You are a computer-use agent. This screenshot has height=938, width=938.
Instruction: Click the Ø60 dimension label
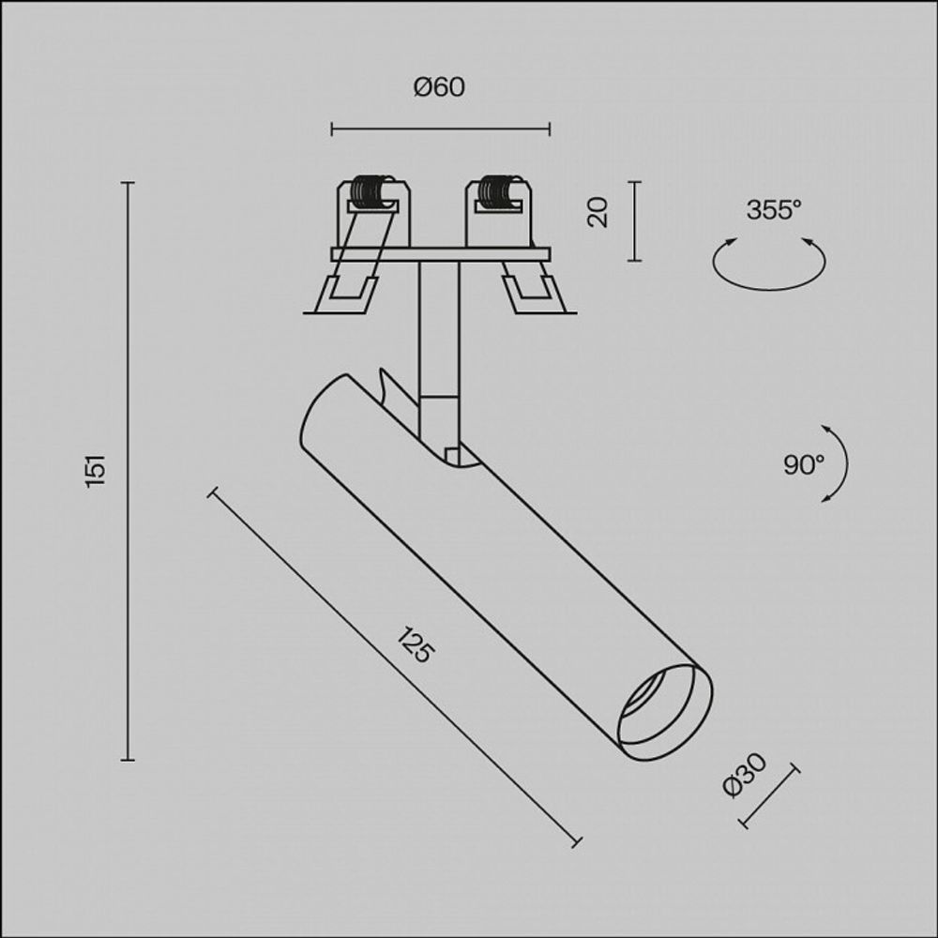[439, 87]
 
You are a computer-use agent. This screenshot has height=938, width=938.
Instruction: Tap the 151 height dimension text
[96, 470]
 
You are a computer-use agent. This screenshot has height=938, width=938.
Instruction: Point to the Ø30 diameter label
[746, 775]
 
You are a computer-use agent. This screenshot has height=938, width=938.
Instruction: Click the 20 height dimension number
[598, 212]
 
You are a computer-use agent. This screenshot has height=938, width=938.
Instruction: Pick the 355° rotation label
[774, 210]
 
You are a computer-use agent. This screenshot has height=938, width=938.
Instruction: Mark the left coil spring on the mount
[372, 191]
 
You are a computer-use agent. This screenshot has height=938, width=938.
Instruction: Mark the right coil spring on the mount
[498, 191]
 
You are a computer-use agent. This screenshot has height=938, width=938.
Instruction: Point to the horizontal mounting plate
[440, 254]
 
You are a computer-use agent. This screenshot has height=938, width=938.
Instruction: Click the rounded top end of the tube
[324, 408]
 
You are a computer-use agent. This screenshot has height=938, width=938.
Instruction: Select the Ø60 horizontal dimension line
[440, 129]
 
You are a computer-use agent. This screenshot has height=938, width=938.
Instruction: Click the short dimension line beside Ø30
[769, 796]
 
